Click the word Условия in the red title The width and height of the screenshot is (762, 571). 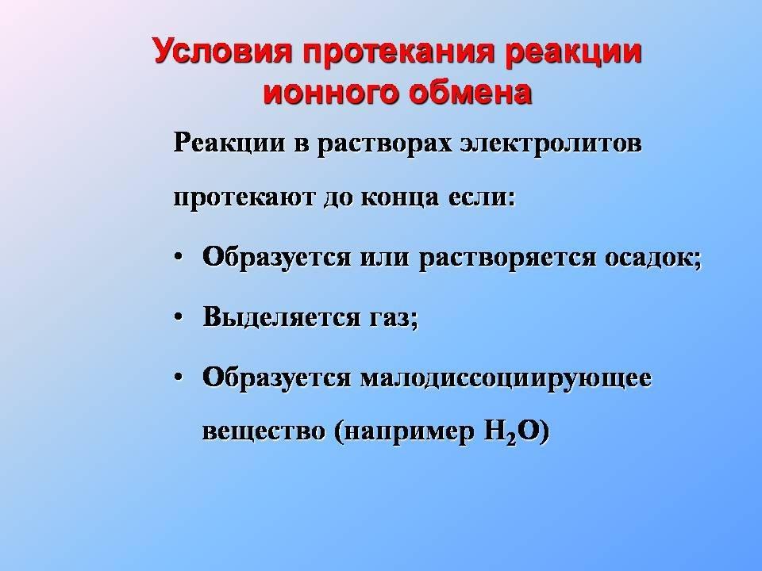click(222, 51)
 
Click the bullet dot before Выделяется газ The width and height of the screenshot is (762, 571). click(179, 316)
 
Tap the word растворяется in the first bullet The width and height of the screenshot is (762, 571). click(507, 257)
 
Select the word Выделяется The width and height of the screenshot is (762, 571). click(281, 317)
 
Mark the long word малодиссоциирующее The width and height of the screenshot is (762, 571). click(506, 377)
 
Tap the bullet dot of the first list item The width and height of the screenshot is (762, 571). click(179, 257)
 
